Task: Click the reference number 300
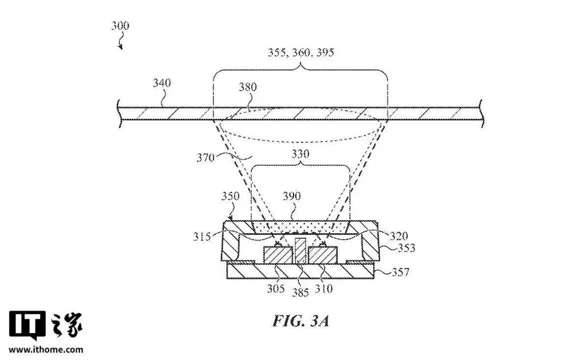120,26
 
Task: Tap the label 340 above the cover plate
162,83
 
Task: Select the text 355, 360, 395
301,52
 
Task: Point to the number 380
248,87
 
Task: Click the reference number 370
205,158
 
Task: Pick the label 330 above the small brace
300,154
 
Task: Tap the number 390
292,196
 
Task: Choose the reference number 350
230,196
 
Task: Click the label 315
202,237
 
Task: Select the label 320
399,236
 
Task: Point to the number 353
406,248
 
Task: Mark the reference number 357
400,272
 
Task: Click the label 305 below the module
276,289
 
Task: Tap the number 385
300,293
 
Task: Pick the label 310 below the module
324,289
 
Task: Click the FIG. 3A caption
301,321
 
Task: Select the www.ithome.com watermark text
46,350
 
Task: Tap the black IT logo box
27,325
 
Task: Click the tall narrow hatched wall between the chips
300,250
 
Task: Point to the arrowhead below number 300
121,46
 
